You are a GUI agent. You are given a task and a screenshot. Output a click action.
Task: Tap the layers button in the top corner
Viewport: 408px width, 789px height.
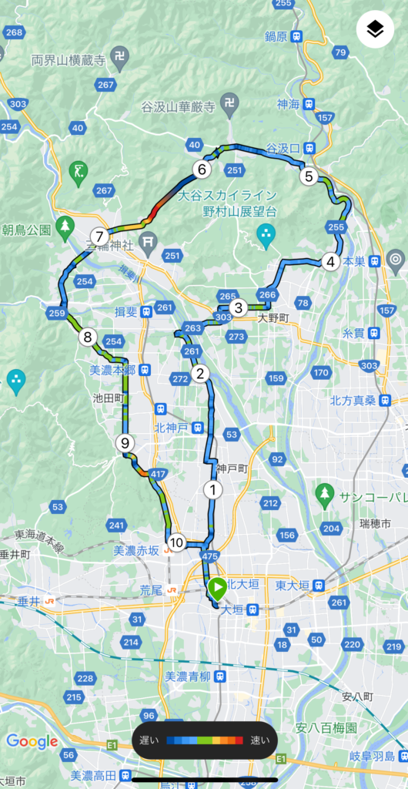(375, 30)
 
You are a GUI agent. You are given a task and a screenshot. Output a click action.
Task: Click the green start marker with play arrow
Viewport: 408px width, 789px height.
(217, 589)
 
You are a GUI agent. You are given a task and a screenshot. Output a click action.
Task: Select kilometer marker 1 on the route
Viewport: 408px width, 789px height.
(212, 489)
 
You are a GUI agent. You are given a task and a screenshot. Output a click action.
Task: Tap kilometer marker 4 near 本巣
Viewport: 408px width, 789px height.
(330, 261)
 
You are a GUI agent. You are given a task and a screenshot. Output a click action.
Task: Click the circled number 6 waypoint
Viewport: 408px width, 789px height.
(202, 170)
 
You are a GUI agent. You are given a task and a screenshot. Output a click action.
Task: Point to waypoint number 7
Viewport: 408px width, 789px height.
(99, 237)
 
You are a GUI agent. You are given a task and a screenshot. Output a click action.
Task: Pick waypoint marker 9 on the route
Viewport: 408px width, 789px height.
(124, 442)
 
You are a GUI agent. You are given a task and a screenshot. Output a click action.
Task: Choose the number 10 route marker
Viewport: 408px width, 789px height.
(176, 542)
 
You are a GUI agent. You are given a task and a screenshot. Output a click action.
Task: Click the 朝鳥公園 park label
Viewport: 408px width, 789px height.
(26, 229)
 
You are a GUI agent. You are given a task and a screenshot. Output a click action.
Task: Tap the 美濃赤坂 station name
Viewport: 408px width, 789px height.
(136, 550)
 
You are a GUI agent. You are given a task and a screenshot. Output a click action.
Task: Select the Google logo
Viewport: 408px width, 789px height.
(32, 741)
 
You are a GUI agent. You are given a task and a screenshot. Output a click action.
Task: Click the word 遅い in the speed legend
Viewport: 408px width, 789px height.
(149, 740)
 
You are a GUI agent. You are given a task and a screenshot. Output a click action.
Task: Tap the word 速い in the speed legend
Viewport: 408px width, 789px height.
(260, 740)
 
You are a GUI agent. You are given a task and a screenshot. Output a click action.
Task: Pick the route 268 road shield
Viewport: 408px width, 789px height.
(14, 32)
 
